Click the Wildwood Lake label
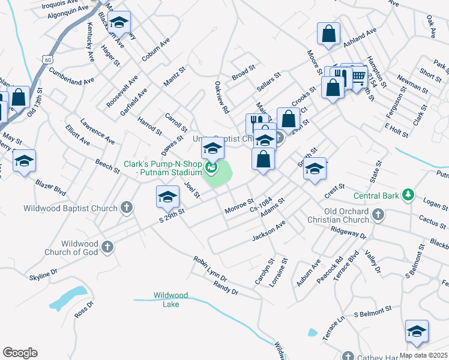coord(170,299)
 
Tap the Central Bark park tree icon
coord(408,195)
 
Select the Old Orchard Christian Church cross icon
coord(378,214)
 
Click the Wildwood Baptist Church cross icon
coord(126,208)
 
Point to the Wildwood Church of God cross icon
coord(107,247)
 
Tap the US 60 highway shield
coord(47,59)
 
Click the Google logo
coord(20,353)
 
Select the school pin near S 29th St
coord(167,196)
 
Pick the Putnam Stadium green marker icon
coord(210,166)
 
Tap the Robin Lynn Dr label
coord(210,269)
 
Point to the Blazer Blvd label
coord(50,188)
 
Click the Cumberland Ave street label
coord(72,80)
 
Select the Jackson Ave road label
coord(268,230)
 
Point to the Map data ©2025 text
coord(424,355)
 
